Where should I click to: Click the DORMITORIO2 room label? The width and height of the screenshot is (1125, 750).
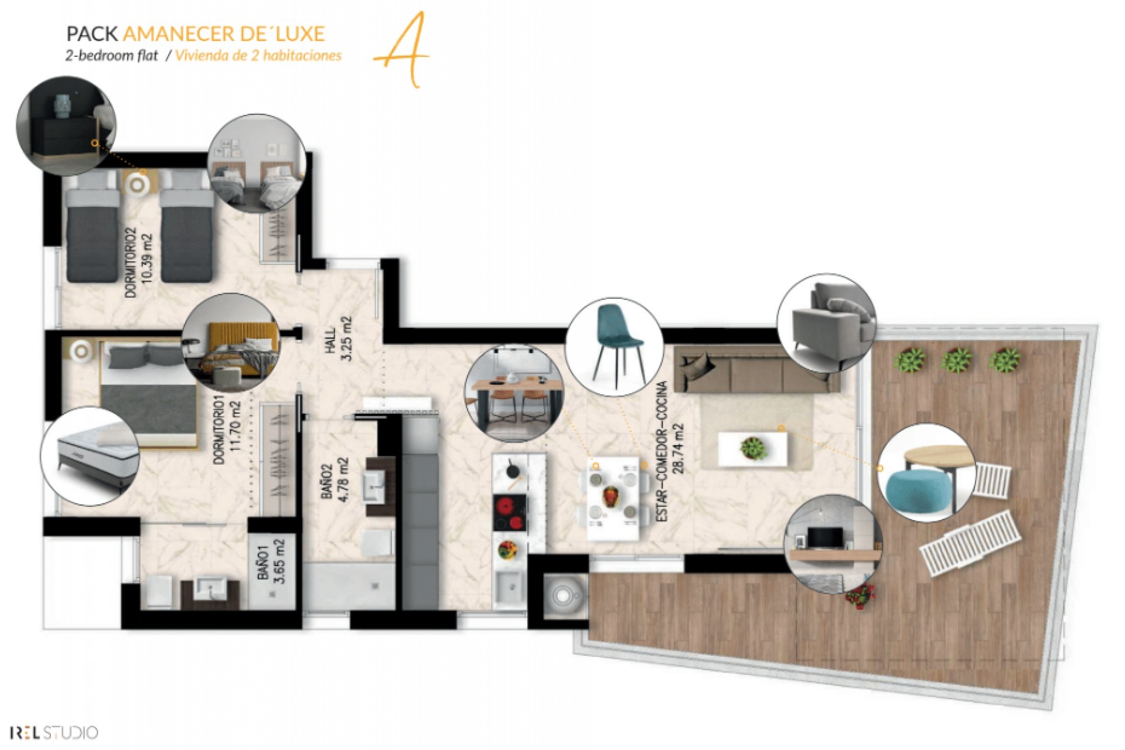click(131, 262)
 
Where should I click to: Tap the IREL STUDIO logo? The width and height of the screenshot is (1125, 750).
click(53, 732)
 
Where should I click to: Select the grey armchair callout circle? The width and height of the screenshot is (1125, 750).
click(826, 322)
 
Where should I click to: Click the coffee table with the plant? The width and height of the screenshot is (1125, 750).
click(753, 449)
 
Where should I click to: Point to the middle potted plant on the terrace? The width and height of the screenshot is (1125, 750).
click(956, 359)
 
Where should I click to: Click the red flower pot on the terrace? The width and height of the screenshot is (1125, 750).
click(860, 597)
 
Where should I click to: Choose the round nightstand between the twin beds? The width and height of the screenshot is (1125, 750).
click(139, 185)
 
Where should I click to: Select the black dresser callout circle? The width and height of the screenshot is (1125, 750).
click(66, 126)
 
